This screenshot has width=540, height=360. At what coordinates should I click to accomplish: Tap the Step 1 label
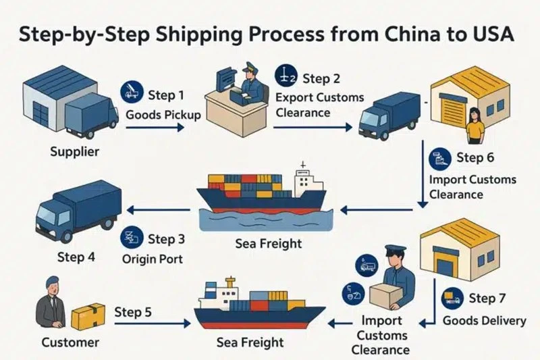(x=166, y=95)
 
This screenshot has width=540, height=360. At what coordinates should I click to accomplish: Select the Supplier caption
(x=75, y=151)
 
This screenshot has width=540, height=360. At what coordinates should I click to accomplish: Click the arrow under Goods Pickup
(x=155, y=128)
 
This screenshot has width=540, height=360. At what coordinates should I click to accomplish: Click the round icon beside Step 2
(x=286, y=76)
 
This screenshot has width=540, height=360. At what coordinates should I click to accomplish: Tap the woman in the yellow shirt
(x=475, y=126)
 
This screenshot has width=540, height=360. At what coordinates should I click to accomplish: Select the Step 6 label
(x=475, y=157)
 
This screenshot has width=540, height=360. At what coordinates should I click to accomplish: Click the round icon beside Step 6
(x=440, y=159)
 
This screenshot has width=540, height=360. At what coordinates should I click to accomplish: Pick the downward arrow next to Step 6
(x=423, y=174)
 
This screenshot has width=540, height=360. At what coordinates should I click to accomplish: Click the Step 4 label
(x=76, y=257)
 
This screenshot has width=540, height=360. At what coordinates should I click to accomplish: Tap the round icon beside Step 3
(x=132, y=237)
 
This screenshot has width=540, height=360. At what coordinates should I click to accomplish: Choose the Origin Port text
(x=153, y=259)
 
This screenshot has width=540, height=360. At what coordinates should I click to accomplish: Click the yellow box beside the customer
(x=88, y=316)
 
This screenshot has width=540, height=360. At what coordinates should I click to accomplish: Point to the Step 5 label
(x=133, y=312)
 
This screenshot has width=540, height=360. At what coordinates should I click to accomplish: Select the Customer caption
(x=70, y=342)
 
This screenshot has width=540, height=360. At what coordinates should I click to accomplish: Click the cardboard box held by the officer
(x=386, y=295)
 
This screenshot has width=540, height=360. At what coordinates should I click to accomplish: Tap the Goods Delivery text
(x=484, y=321)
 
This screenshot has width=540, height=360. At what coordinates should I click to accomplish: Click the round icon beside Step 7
(x=452, y=299)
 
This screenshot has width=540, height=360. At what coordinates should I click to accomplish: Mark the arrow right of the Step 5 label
(x=153, y=324)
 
